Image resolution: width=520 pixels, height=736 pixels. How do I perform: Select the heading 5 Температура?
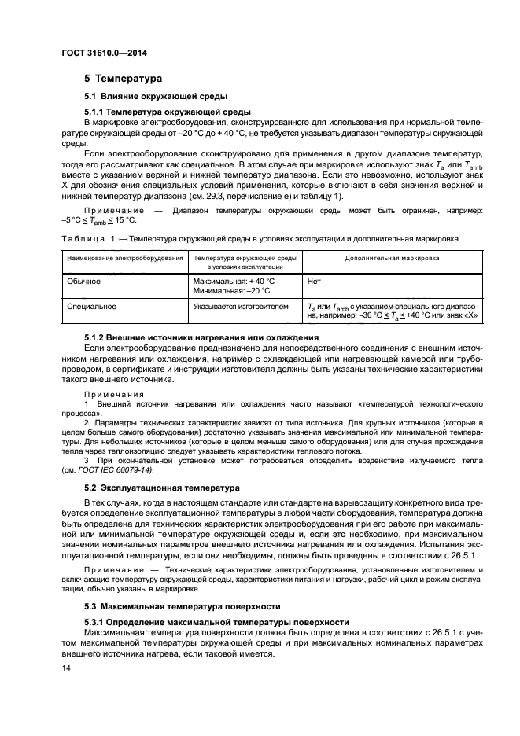click(x=123, y=79)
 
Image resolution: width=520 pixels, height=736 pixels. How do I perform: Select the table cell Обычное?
click(x=83, y=280)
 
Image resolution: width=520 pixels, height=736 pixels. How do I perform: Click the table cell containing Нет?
click(x=315, y=280)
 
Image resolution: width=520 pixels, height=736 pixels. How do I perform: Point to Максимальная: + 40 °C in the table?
click(x=234, y=280)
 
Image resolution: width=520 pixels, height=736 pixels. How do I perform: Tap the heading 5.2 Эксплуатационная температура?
click(x=162, y=488)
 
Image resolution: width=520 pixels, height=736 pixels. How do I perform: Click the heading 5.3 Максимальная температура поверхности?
click(x=182, y=606)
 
